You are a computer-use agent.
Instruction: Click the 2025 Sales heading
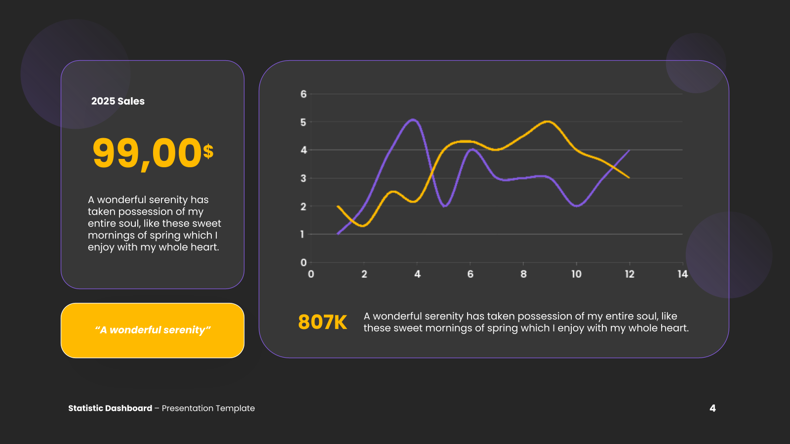(x=118, y=101)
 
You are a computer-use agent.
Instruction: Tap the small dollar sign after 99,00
(x=208, y=151)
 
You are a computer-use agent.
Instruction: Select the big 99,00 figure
(x=147, y=153)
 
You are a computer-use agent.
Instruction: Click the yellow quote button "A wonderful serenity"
(x=153, y=331)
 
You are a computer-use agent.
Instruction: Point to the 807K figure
(x=322, y=322)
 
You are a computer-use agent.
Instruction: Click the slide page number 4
(x=712, y=408)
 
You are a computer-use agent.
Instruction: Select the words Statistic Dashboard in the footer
(x=110, y=408)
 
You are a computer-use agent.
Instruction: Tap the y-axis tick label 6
(x=303, y=94)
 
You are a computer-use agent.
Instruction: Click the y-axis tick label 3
(x=303, y=178)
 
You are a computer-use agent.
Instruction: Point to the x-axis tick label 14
(x=683, y=274)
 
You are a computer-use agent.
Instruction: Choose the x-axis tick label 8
(x=523, y=274)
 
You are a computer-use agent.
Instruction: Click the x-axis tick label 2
(x=364, y=274)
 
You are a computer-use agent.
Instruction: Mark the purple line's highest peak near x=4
(x=413, y=120)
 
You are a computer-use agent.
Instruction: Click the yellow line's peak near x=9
(x=547, y=121)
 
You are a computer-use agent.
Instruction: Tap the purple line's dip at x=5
(x=445, y=206)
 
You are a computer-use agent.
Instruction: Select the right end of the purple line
(x=629, y=150)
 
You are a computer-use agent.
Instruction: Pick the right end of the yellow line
(x=629, y=178)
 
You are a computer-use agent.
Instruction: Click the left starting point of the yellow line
(x=338, y=206)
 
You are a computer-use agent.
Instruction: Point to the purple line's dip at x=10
(x=577, y=206)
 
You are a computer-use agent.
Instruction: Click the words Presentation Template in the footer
(x=208, y=408)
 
